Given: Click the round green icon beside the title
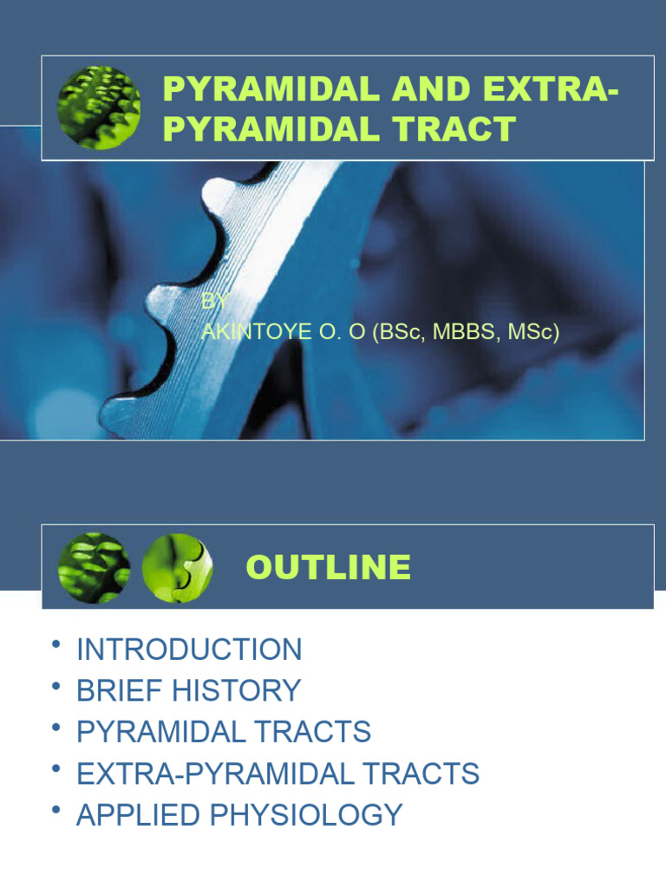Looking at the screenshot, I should pos(98,108).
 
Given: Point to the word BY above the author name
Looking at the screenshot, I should pos(213,303).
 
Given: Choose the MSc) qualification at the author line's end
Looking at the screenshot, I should pos(532,331).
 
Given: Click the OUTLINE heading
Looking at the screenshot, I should pos(329,567).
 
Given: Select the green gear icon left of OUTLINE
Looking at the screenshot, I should pos(94,568).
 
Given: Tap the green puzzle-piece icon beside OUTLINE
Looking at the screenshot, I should pos(177,568).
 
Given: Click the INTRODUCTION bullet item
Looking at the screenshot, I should pos(189,650).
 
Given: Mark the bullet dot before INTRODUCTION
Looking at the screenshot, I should pos(56,645).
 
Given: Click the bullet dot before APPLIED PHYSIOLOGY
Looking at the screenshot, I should pos(56,811).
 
